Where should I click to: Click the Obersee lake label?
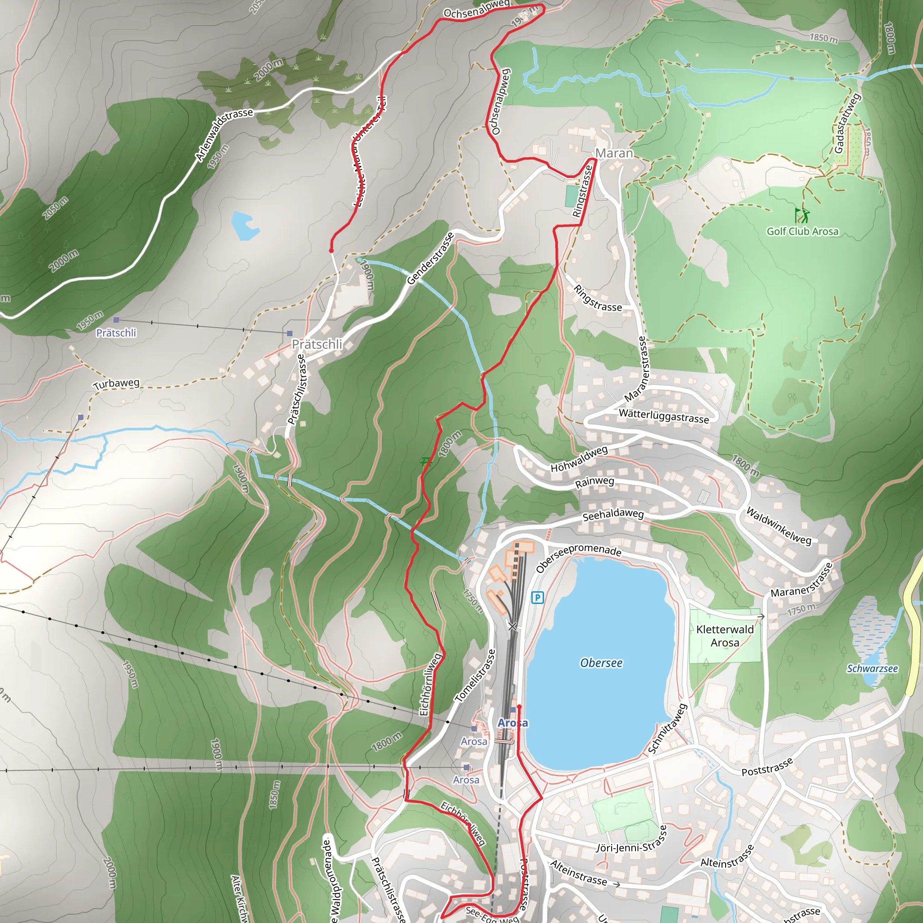pos(601,663)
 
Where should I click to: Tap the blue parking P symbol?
pos(538,597)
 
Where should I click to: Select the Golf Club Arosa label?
pos(803,232)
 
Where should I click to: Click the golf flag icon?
pos(802,215)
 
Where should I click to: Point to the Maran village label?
pos(614,153)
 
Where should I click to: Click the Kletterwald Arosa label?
pos(725,636)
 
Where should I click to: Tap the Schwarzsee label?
pos(873,668)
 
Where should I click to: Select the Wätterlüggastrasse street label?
pos(663,416)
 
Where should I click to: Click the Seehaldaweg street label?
pos(613,515)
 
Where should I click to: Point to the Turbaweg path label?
pos(117,384)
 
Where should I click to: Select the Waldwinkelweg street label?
pos(778,526)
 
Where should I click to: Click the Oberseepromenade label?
pos(579,557)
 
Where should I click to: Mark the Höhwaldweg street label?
pos(579,459)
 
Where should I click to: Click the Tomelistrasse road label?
pos(475,676)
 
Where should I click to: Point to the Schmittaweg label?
pos(667,729)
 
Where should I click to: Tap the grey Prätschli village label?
pos(317,344)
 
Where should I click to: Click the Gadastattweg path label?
pos(847,123)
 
